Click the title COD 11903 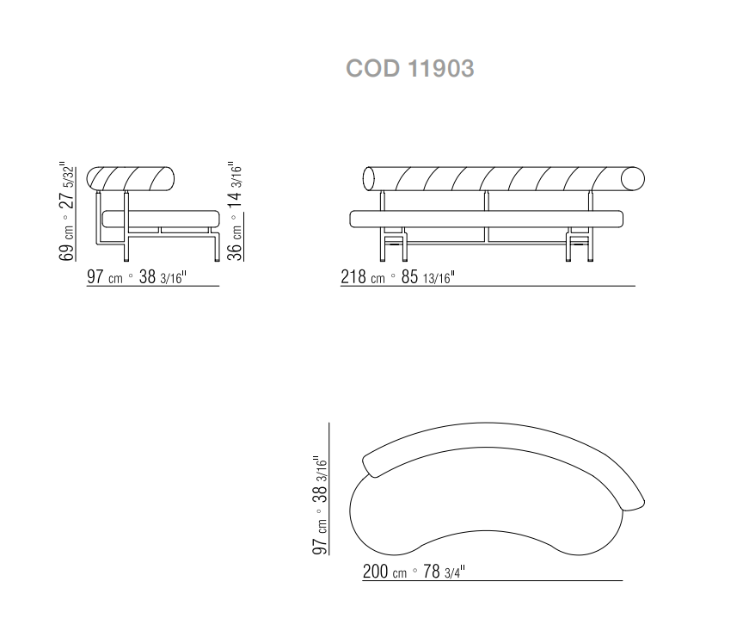coord(410,68)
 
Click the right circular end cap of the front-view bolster coord(632,179)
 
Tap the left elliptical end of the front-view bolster coord(369,179)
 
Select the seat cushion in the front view coord(486,219)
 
